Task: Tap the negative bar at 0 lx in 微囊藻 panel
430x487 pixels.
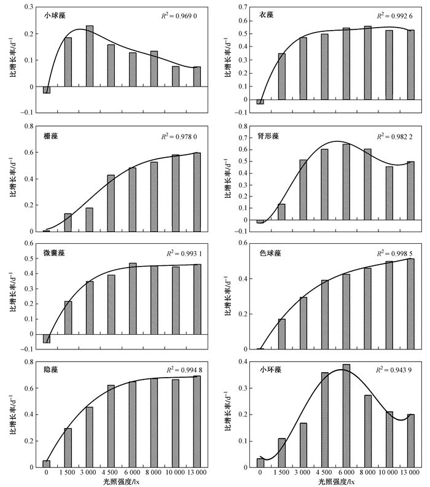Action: tap(47, 338)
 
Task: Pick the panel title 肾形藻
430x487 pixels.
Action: tap(263, 135)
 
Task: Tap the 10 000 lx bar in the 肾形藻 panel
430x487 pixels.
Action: tap(389, 193)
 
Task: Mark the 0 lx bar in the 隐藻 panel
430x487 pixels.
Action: tap(47, 464)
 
